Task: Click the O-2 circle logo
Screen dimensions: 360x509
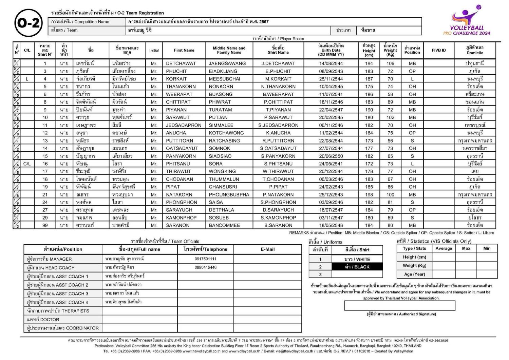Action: tap(29, 23)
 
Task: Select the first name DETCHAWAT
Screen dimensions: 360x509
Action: tap(181, 63)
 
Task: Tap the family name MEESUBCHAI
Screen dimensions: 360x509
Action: tap(224, 79)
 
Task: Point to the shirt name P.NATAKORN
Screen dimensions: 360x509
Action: tap(278, 195)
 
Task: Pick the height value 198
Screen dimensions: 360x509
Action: tap(369, 195)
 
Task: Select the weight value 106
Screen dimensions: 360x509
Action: tap(390, 63)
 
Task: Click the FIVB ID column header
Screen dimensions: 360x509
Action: tap(438, 50)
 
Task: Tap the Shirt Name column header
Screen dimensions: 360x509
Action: tap(278, 50)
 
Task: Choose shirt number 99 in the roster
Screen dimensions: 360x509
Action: tap(45, 225)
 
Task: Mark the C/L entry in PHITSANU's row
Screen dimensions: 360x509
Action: tap(27, 164)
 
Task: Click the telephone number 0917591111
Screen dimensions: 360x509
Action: tap(205, 259)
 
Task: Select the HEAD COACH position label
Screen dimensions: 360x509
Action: tap(51, 268)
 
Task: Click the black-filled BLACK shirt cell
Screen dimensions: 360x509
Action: tap(357, 267)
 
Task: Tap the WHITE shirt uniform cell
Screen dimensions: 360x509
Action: tap(357, 259)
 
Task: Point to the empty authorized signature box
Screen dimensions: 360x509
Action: tap(399, 306)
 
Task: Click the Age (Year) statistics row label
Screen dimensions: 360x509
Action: tap(414, 274)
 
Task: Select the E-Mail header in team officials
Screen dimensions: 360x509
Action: tap(267, 249)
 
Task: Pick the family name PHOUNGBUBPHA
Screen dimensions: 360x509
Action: tap(229, 195)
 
